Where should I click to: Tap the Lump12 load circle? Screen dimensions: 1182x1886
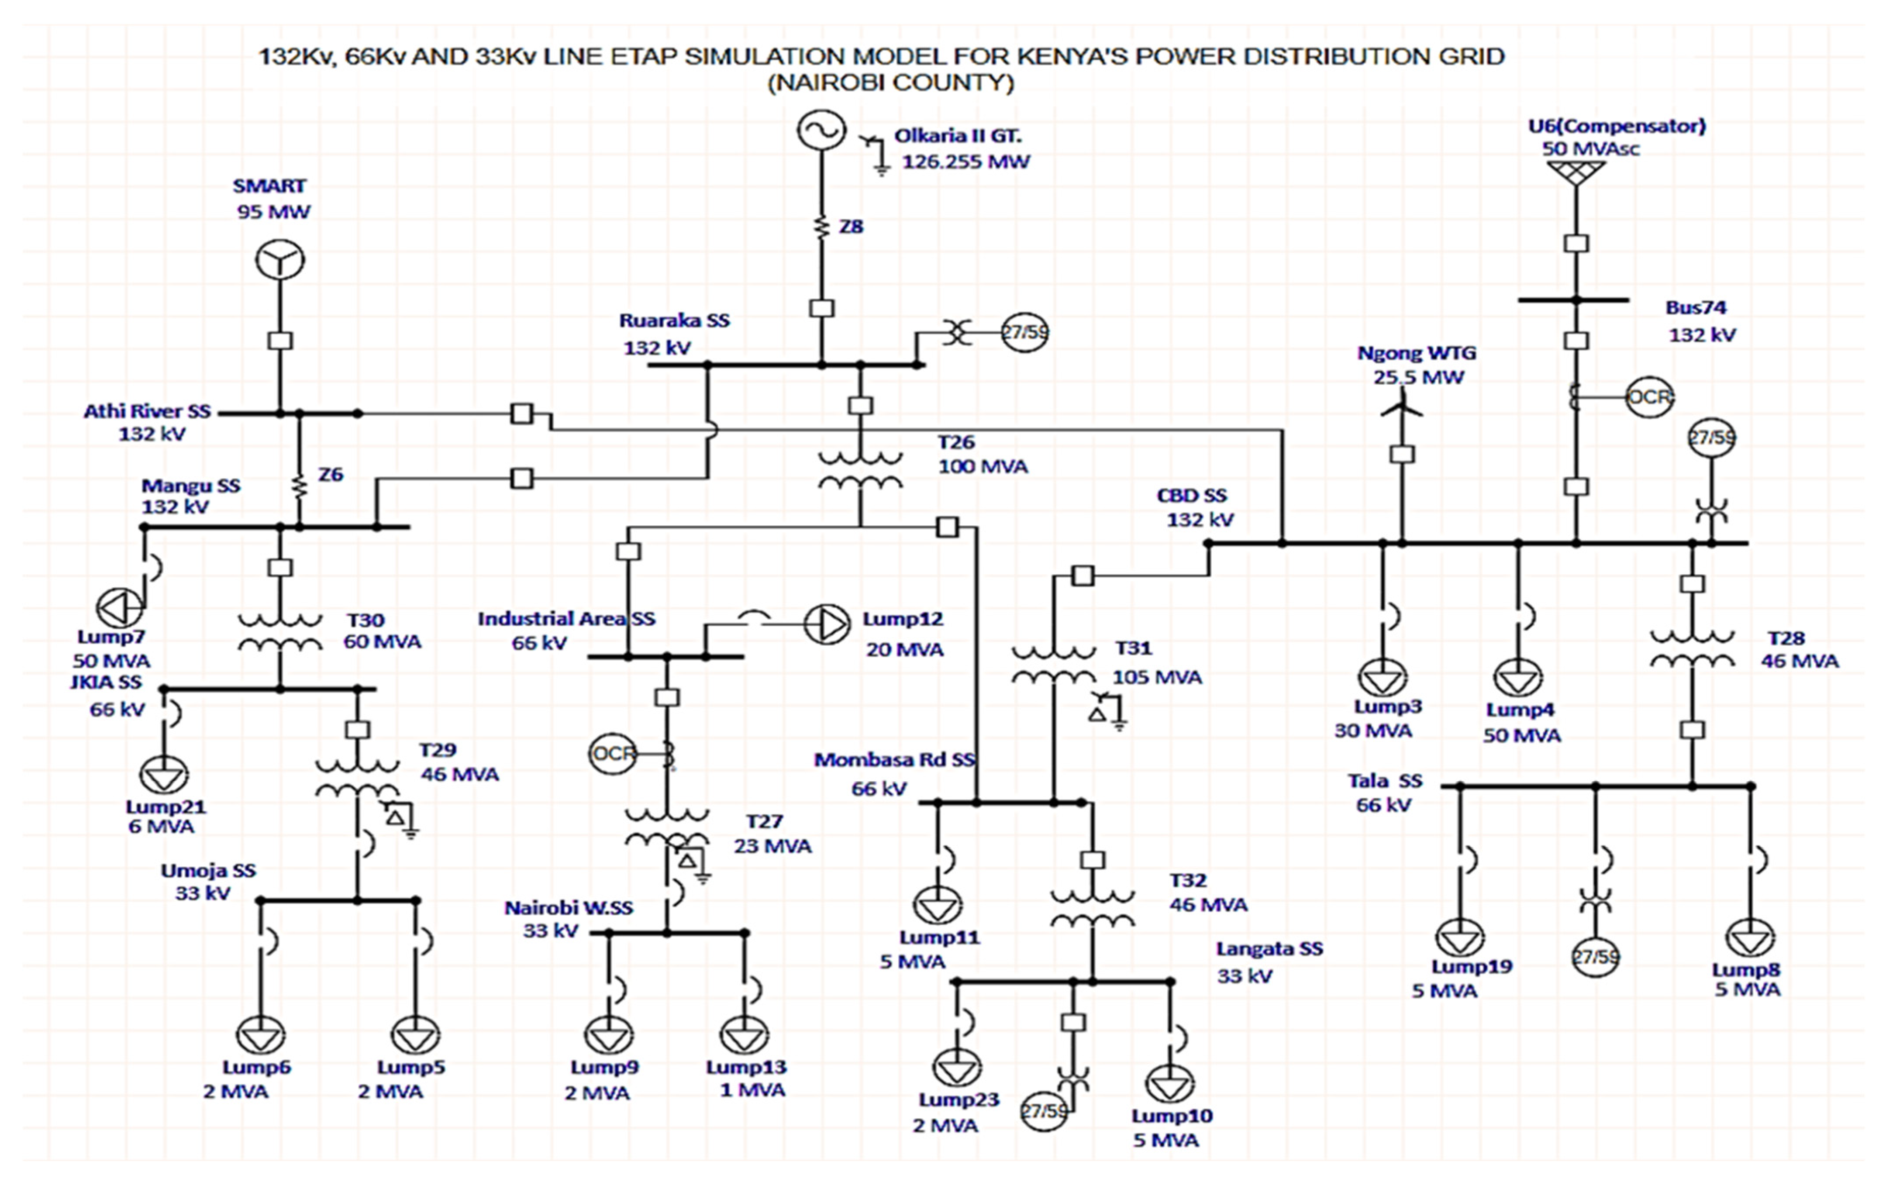(827, 624)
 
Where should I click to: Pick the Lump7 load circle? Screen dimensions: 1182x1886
(120, 607)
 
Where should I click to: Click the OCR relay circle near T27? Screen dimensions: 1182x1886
(612, 754)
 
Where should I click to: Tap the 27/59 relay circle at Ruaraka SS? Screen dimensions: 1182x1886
(1025, 332)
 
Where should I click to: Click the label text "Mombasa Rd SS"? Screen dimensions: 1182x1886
(894, 760)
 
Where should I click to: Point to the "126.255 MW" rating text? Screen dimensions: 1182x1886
(966, 162)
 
